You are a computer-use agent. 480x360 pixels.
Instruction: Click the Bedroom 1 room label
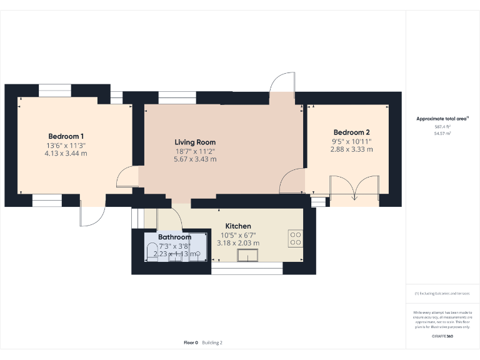66,136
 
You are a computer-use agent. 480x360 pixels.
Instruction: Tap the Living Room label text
195,142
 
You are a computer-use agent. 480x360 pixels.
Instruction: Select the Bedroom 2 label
351,132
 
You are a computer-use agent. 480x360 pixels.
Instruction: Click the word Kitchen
238,226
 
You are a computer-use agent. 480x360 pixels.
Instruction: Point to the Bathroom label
174,237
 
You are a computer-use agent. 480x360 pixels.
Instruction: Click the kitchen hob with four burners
296,238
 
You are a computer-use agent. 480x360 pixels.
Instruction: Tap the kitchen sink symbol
249,255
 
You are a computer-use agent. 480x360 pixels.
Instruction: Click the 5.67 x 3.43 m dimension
195,159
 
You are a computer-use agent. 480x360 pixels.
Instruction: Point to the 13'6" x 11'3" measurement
66,146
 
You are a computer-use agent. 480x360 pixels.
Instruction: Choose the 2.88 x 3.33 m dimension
351,149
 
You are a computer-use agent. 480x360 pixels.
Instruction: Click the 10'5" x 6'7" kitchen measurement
238,235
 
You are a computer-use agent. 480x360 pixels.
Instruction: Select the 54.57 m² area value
442,133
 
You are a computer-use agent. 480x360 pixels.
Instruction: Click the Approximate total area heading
442,118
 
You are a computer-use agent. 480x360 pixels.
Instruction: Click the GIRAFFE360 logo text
442,336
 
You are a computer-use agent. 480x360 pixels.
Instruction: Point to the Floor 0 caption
191,342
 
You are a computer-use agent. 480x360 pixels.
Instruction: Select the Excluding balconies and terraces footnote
442,293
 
